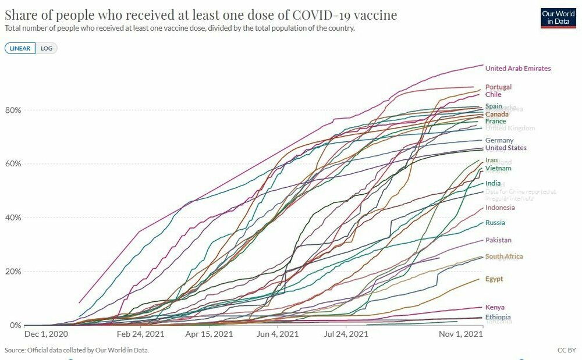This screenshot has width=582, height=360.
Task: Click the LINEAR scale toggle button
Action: [x=20, y=48]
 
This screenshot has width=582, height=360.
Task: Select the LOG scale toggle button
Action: [x=47, y=48]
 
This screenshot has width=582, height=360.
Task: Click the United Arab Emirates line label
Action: [x=517, y=69]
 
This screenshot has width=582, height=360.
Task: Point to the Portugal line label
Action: [x=498, y=87]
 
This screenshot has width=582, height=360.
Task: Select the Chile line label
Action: [x=493, y=95]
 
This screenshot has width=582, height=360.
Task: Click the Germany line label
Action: [x=499, y=140]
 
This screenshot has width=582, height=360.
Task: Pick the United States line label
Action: [x=505, y=148]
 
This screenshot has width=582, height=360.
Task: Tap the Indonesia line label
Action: [x=500, y=208]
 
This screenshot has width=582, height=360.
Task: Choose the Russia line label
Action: [x=495, y=223]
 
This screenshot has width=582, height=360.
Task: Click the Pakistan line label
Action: [x=498, y=240]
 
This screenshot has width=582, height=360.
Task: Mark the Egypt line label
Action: [x=494, y=279]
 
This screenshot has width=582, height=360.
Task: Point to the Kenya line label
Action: [x=495, y=307]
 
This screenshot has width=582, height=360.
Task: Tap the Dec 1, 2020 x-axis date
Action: [x=46, y=334]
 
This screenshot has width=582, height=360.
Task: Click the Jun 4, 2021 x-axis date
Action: [x=277, y=334]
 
